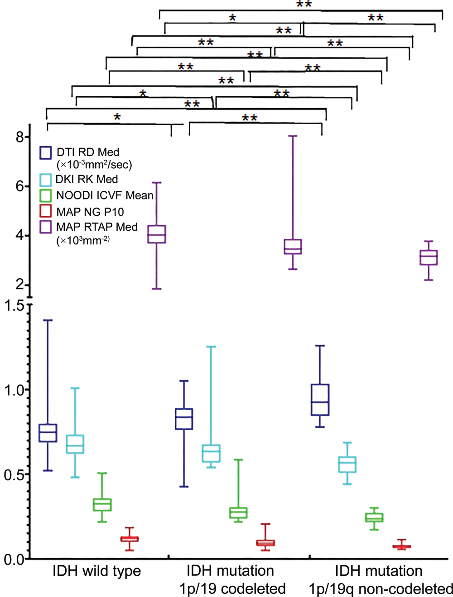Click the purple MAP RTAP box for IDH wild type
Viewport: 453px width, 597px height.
coord(156,234)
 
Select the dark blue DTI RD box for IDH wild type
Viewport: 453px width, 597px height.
coord(48,433)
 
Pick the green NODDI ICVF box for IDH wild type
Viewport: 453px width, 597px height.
coord(102,505)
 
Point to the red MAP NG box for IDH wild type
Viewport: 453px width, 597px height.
coord(130,539)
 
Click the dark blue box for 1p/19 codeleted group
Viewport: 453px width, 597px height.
coord(184,419)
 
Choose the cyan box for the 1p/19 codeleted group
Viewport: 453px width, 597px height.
coord(211,453)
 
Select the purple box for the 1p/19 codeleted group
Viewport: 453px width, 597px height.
coord(293,246)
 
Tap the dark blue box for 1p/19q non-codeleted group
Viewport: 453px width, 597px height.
coord(320,400)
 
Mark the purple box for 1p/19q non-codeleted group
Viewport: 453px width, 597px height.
coord(429,257)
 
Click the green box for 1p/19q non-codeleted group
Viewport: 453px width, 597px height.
coord(374,517)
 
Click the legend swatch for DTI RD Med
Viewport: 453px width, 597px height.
coord(45,152)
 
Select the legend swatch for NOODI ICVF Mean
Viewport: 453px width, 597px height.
coord(45,196)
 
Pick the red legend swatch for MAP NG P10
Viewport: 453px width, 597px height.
coord(45,212)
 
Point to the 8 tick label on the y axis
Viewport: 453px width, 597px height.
coord(20,137)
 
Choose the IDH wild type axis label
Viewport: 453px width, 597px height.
coord(96,571)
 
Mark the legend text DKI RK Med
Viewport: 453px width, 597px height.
coord(87,180)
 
